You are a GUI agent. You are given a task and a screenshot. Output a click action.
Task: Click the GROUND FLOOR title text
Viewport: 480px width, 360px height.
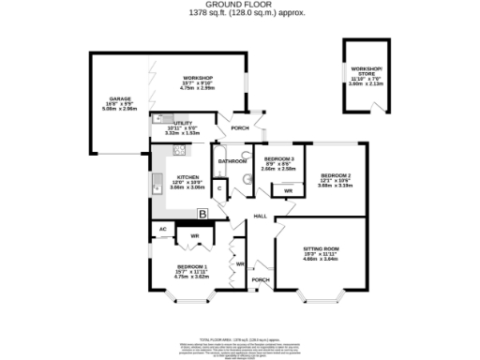coord(239,5)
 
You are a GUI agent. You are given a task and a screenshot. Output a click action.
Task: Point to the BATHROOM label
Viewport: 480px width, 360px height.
coord(232,161)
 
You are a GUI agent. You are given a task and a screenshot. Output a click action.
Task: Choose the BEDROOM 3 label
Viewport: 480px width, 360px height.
coord(279,159)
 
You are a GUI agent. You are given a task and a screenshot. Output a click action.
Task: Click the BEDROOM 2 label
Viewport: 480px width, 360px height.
coord(335,175)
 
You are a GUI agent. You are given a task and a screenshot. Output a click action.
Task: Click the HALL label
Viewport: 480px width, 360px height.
coord(261,217)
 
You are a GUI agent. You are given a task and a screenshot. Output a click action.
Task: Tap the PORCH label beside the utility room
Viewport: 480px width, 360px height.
coord(240,128)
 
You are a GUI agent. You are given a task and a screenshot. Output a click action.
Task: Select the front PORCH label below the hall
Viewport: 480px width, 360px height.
coord(261,279)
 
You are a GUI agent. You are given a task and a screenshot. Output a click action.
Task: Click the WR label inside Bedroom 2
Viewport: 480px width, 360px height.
coord(288,192)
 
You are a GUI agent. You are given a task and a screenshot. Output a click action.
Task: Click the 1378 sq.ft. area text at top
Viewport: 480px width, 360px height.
coord(239,13)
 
